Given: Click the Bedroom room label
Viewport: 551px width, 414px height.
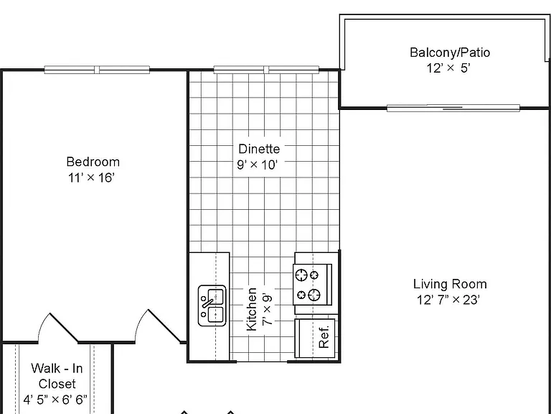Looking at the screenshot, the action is point(93,162).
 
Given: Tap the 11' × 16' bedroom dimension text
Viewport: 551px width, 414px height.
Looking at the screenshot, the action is point(91,178).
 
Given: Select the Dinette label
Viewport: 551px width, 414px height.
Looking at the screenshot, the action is point(259,149).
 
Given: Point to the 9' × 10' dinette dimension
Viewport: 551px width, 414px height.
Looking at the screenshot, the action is point(258,165).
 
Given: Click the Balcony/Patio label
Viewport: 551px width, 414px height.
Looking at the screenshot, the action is point(450,52).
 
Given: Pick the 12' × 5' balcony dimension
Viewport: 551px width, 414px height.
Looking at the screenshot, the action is point(448,68).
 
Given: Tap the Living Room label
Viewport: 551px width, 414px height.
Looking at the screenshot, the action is point(450,284).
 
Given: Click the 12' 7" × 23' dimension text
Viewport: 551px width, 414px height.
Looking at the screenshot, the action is point(448,300).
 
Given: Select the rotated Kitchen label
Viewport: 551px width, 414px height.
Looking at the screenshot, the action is point(251,309).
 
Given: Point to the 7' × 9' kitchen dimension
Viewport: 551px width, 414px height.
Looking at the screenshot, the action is point(267,310).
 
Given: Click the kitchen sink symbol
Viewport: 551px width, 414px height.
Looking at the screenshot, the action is point(212,305).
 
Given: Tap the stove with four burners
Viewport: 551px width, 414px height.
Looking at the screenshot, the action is point(312,285).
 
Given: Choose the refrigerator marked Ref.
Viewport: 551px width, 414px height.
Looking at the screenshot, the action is point(315,338).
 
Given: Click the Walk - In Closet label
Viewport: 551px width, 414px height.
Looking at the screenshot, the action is point(57,376).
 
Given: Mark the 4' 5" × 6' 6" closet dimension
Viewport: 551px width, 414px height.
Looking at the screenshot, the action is point(55,400).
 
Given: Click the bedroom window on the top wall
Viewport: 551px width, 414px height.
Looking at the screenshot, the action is point(97,70).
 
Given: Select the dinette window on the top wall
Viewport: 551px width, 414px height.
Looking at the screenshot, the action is point(266,70).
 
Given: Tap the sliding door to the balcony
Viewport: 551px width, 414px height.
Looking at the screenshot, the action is point(453,108).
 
